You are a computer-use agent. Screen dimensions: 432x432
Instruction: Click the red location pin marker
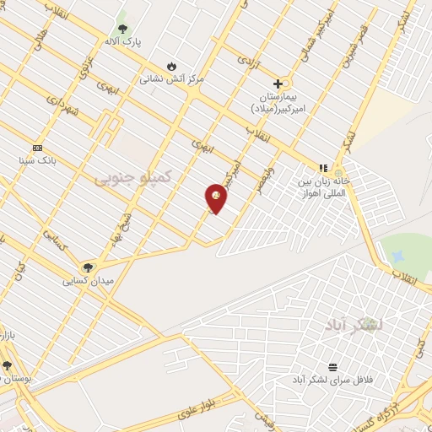(x=216, y=198)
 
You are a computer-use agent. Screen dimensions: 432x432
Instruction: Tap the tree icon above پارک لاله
(x=123, y=29)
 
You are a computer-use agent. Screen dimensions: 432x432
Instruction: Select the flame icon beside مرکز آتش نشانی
(x=172, y=67)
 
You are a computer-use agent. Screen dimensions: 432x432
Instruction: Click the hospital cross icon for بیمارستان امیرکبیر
(x=278, y=84)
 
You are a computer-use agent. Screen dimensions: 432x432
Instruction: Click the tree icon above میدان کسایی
(x=88, y=267)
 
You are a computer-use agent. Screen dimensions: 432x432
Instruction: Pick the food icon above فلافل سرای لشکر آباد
(x=332, y=367)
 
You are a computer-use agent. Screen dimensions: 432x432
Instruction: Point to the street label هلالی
(x=41, y=31)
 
